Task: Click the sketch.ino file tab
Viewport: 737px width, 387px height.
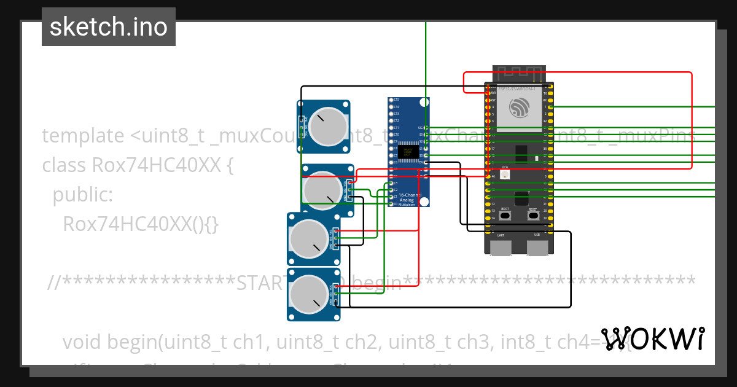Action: pos(109,27)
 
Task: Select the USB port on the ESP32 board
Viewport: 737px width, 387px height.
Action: pos(537,247)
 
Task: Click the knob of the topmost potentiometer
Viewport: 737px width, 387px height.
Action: pos(326,127)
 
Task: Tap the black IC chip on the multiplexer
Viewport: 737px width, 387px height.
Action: pos(406,150)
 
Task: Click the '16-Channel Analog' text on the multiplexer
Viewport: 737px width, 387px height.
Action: pos(407,197)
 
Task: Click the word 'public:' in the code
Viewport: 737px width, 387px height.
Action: pos(82,195)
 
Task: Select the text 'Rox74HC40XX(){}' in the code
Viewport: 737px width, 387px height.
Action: pos(141,225)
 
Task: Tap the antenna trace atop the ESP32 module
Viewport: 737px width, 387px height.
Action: pos(520,73)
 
